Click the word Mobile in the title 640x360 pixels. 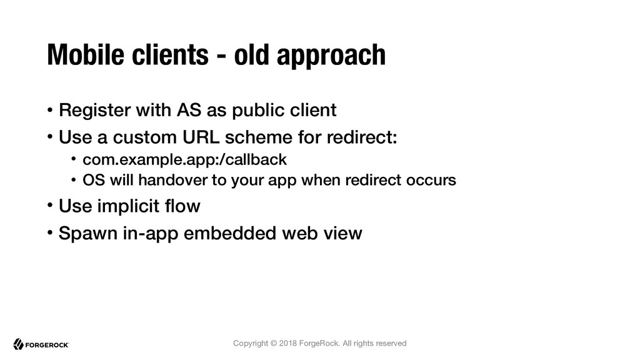[x=85, y=54]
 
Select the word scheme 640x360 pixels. [x=258, y=137]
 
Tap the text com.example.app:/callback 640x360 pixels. [x=184, y=159]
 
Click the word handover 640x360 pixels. [x=172, y=180]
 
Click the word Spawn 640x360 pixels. [x=88, y=234]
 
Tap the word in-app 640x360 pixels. [x=151, y=234]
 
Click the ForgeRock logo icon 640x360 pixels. [x=18, y=344]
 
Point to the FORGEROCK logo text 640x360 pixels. [x=47, y=345]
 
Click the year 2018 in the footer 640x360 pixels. [x=287, y=343]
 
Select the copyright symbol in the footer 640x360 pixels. [x=274, y=343]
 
